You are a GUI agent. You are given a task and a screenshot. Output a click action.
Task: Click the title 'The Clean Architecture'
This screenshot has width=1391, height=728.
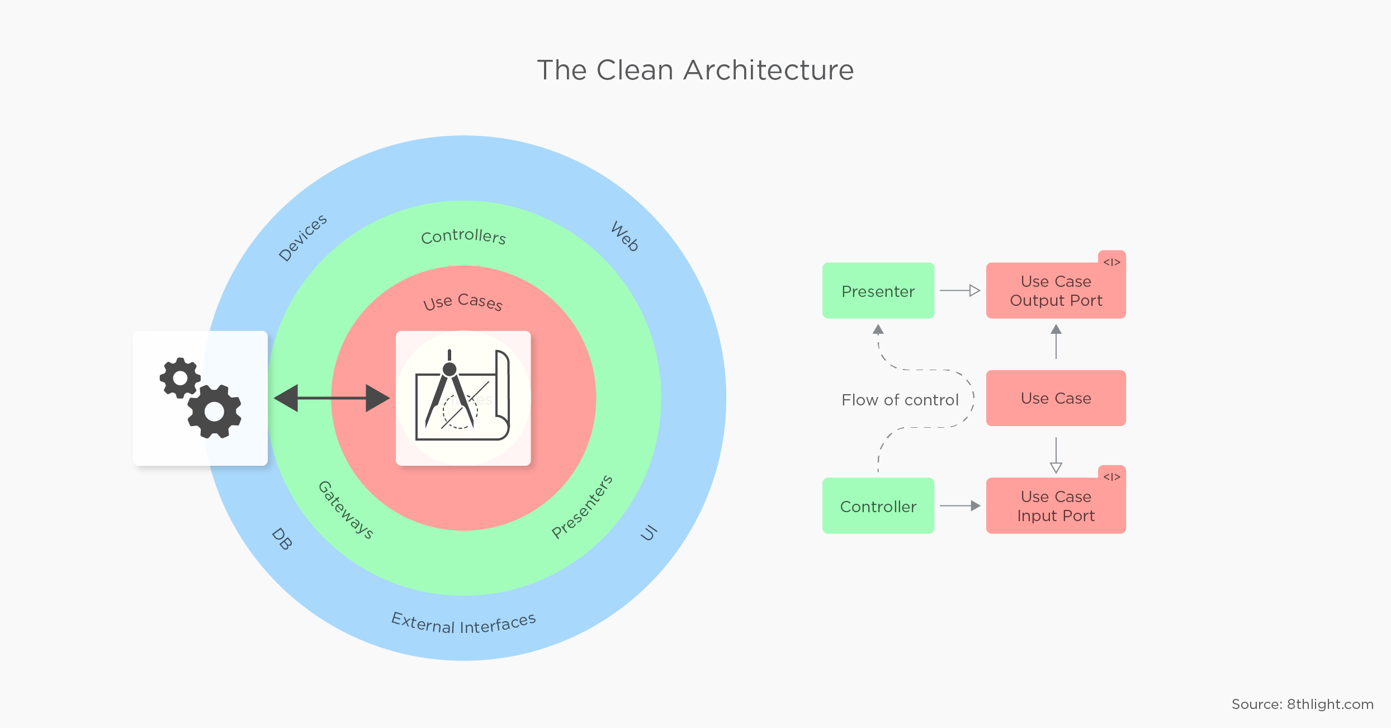pyautogui.click(x=695, y=70)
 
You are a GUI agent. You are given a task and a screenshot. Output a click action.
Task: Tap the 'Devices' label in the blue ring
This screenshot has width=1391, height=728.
pyautogui.click(x=302, y=238)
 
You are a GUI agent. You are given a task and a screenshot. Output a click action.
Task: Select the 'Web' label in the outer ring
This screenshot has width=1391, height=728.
pyautogui.click(x=624, y=237)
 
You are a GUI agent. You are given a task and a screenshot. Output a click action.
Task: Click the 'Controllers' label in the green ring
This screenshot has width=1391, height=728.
pyautogui.click(x=463, y=237)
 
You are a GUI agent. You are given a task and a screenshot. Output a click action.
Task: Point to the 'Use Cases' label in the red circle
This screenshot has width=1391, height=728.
pyautogui.click(x=463, y=302)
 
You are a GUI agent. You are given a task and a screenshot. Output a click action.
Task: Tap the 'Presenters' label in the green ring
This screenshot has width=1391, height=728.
pyautogui.click(x=582, y=507)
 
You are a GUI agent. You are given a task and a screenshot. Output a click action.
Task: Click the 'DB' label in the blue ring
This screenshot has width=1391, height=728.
pyautogui.click(x=282, y=539)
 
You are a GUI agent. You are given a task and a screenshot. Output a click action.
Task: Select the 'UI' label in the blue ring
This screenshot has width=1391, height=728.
pyautogui.click(x=649, y=533)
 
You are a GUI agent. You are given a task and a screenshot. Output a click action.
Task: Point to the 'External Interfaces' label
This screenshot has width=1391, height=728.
pyautogui.click(x=463, y=623)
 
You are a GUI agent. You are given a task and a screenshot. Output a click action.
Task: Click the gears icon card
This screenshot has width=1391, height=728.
pyautogui.click(x=200, y=398)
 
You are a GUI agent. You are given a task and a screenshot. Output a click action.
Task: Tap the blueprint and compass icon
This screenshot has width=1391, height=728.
pyautogui.click(x=463, y=398)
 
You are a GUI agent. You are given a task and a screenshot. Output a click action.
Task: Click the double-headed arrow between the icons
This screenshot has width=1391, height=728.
pyautogui.click(x=332, y=398)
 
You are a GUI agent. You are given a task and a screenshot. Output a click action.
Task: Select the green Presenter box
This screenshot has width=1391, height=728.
pyautogui.click(x=878, y=291)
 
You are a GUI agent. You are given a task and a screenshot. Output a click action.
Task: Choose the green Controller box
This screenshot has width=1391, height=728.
pyautogui.click(x=878, y=506)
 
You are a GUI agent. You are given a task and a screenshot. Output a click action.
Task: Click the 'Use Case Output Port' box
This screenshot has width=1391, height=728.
pyautogui.click(x=1056, y=291)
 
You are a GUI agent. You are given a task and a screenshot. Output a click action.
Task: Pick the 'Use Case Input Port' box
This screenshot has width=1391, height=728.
pyautogui.click(x=1056, y=506)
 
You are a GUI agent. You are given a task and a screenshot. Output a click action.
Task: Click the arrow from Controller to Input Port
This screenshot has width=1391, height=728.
pyautogui.click(x=960, y=506)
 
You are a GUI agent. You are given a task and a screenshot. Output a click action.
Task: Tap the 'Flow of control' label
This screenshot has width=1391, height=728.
pyautogui.click(x=900, y=400)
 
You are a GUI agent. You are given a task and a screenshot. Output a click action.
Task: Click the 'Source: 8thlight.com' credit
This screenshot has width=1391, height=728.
pyautogui.click(x=1302, y=704)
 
